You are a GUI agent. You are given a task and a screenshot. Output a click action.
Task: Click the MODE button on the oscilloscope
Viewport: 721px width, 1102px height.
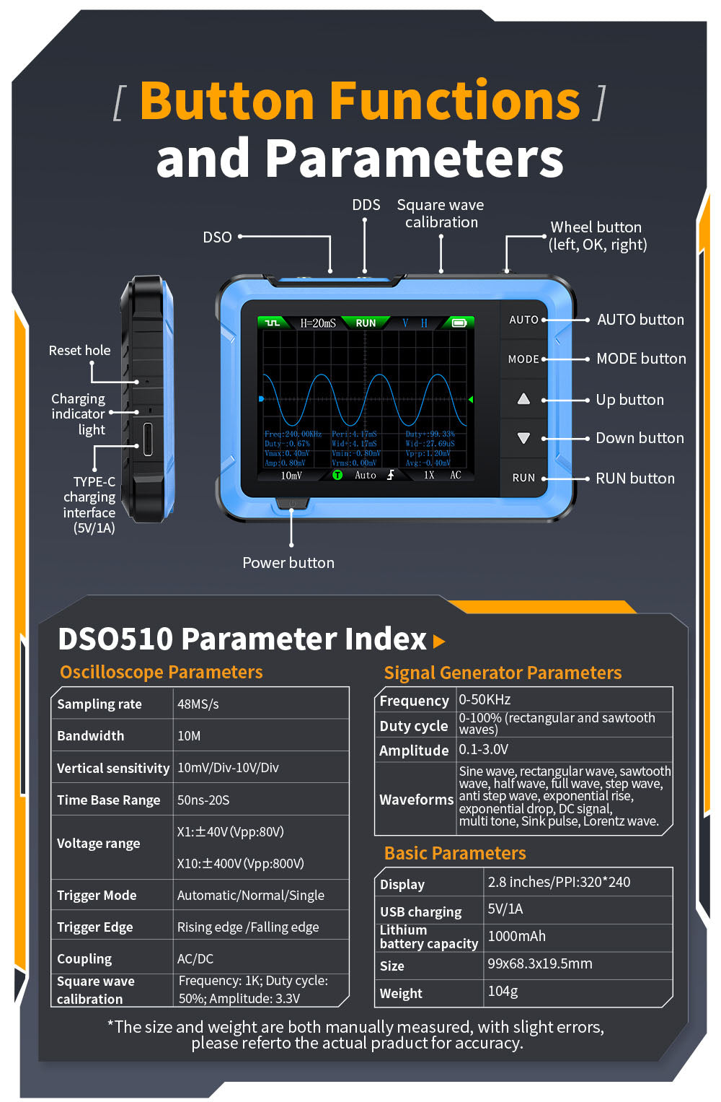tap(523, 359)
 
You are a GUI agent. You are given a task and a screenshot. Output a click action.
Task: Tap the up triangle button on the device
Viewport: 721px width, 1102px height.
tap(524, 399)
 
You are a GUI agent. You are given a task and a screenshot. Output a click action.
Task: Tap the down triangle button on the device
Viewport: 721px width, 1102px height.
tap(524, 438)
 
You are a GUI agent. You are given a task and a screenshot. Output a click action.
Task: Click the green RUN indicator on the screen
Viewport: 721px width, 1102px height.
tap(366, 323)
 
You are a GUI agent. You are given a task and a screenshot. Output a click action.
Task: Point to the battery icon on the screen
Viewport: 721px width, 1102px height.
tap(459, 323)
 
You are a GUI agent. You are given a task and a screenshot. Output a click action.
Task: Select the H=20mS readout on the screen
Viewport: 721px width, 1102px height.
tap(318, 323)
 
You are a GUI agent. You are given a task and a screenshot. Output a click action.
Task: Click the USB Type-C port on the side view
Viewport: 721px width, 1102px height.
tap(148, 439)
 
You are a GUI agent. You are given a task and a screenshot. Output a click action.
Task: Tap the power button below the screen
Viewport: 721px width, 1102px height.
tap(291, 503)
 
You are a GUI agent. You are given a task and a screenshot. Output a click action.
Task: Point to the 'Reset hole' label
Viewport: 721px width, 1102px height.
tap(79, 351)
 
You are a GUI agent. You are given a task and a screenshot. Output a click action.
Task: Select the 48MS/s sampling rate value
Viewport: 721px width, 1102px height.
tap(198, 704)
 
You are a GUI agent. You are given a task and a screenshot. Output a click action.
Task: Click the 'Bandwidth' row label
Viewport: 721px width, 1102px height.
tap(90, 736)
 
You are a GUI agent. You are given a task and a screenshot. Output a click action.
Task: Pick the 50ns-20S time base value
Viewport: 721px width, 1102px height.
tap(203, 800)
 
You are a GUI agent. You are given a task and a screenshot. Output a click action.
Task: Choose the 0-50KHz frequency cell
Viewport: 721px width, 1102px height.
tap(485, 700)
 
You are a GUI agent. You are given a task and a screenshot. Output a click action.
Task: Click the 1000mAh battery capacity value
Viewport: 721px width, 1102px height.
tap(517, 937)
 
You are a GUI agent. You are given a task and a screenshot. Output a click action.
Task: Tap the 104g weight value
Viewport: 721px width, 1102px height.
tap(503, 992)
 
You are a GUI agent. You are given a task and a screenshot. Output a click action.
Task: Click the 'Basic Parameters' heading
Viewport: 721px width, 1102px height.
tap(455, 854)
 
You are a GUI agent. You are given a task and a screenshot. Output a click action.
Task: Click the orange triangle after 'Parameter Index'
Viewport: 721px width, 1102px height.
tap(438, 641)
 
